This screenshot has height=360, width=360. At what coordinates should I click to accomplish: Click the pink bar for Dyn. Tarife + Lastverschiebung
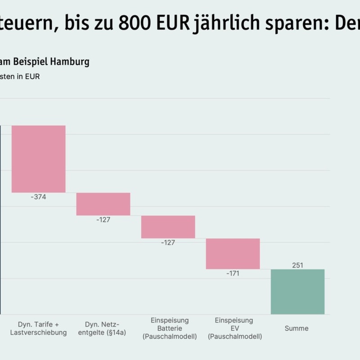[x=39, y=159]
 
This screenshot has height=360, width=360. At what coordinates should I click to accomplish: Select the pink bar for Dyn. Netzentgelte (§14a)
[x=103, y=204]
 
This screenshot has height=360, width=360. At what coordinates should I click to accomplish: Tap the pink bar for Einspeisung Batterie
[x=168, y=227]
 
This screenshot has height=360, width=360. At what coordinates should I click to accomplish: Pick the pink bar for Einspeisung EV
[x=233, y=254]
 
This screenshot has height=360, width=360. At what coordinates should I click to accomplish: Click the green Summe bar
[x=297, y=292]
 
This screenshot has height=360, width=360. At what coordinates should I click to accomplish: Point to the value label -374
[x=38, y=197]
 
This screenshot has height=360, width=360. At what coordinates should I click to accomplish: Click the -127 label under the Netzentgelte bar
[x=103, y=220]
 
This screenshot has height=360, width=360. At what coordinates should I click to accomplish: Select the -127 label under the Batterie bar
[x=168, y=243]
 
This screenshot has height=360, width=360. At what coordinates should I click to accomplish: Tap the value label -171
[x=233, y=274]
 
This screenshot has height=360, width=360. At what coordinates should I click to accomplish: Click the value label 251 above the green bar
[x=297, y=265]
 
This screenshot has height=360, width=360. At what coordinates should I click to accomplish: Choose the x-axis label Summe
[x=297, y=328]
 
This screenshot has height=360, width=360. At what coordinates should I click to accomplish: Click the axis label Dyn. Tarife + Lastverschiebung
[x=38, y=328]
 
